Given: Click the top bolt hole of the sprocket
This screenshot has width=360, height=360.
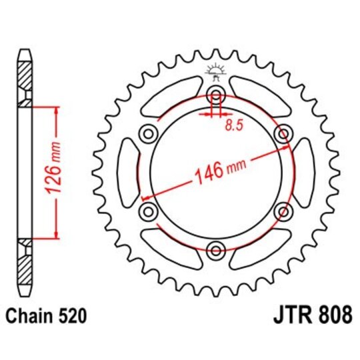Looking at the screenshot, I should (216, 93).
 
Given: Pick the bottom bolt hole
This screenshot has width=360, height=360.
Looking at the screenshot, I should (216, 251).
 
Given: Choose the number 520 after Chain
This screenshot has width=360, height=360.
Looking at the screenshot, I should (71, 313).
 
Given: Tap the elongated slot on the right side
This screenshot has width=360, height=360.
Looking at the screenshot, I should (306, 172).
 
